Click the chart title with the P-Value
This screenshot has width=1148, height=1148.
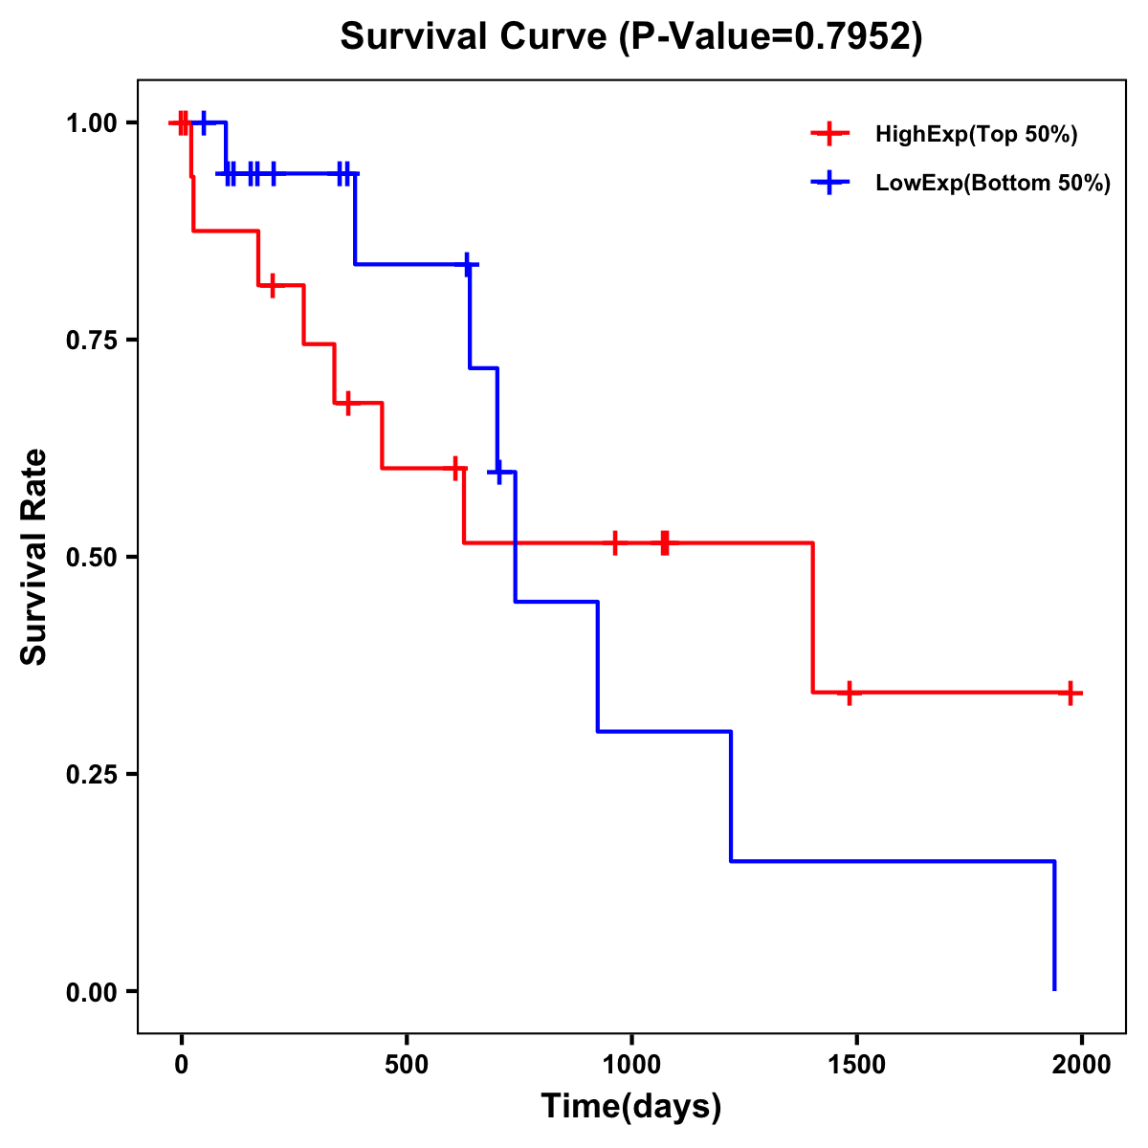point(631,36)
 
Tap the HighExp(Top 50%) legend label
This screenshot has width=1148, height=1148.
point(977,135)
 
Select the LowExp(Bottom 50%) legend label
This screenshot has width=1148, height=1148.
point(993,184)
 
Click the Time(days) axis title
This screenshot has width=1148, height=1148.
point(631,1107)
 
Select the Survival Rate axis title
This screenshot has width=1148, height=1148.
point(35,557)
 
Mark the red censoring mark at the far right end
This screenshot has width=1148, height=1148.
point(1071,693)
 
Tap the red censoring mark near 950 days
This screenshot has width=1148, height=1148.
point(615,542)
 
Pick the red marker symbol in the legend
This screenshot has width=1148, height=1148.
point(829,135)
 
